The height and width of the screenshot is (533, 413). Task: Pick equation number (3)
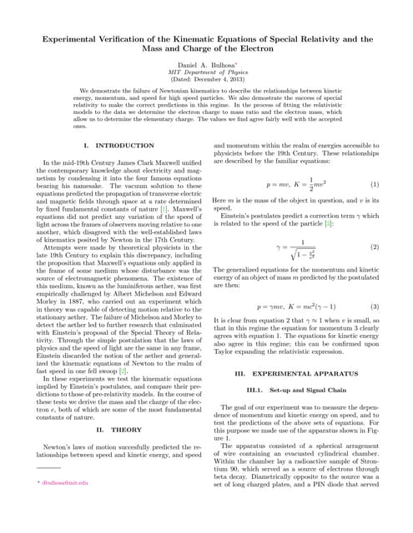pyautogui.click(x=375, y=306)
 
